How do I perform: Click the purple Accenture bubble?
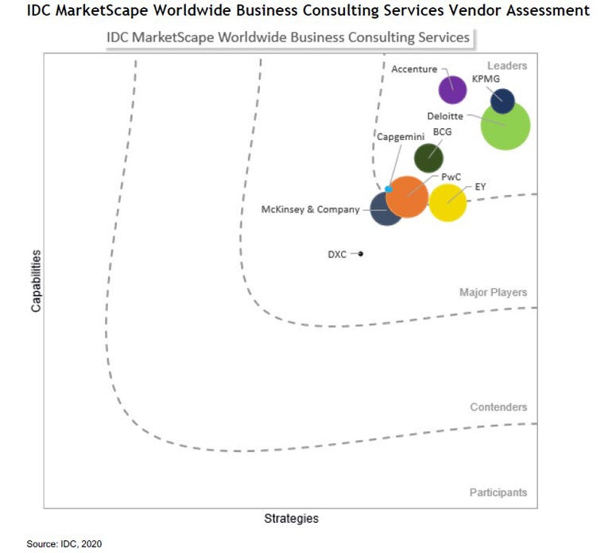[452, 89]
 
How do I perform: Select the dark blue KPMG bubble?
[502, 101]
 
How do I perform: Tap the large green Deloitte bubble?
[505, 125]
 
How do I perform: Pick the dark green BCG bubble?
[429, 158]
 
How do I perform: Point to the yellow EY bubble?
[447, 202]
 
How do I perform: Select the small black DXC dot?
[360, 254]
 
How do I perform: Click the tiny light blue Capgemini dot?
[388, 189]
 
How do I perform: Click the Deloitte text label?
[445, 116]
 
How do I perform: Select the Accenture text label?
[414, 69]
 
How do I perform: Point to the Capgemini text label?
[400, 137]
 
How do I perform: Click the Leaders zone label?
[507, 66]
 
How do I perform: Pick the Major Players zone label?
[493, 293]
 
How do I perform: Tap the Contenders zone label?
[498, 407]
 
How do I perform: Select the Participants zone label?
[498, 493]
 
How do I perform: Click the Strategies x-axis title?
[291, 519]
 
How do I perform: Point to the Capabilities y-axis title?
[37, 280]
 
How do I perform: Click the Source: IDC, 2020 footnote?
[64, 544]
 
